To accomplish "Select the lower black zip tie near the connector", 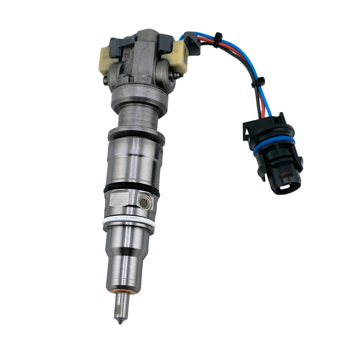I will [x=260, y=80].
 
